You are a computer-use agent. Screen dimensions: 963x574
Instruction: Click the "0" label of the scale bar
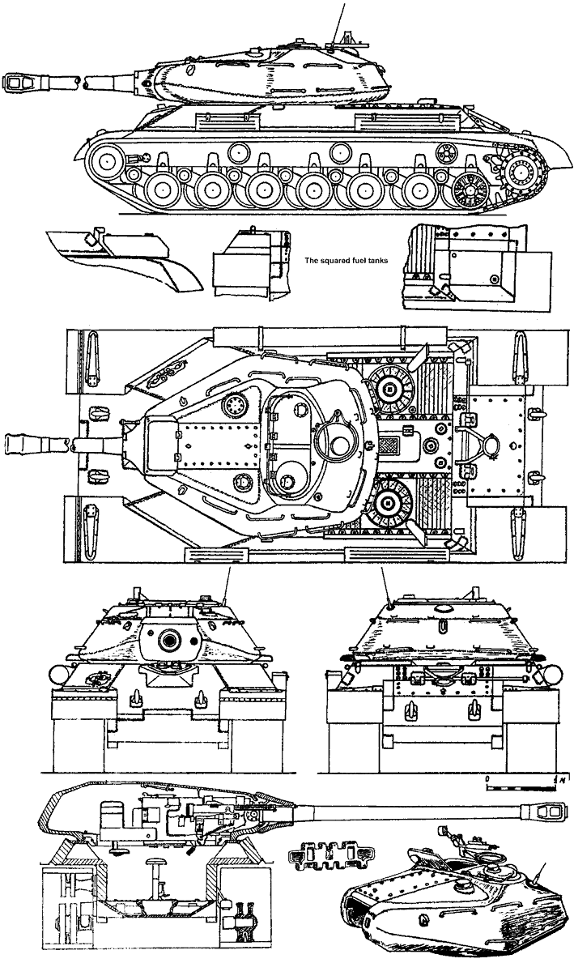pyautogui.click(x=487, y=776)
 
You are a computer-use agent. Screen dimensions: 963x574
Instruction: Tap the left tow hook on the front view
pyautogui.click(x=135, y=695)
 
